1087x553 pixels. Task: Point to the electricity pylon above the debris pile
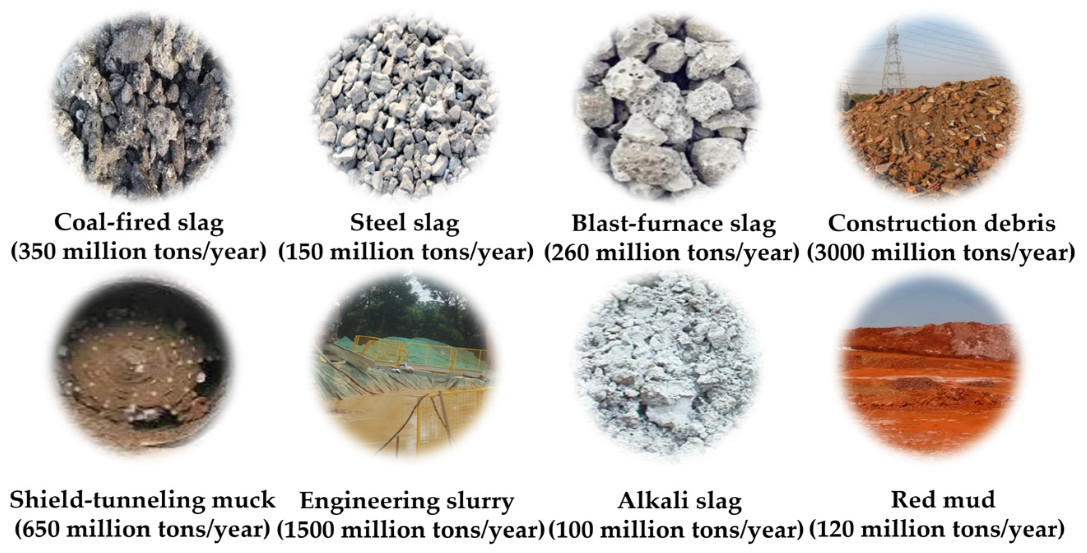pyautogui.click(x=893, y=59)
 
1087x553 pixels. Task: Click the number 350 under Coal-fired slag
pyautogui.click(x=39, y=252)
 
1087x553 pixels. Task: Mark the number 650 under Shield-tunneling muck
pyautogui.click(x=42, y=530)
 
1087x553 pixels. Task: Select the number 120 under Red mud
pyautogui.click(x=836, y=530)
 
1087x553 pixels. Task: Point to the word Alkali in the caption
pyautogui.click(x=646, y=501)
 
